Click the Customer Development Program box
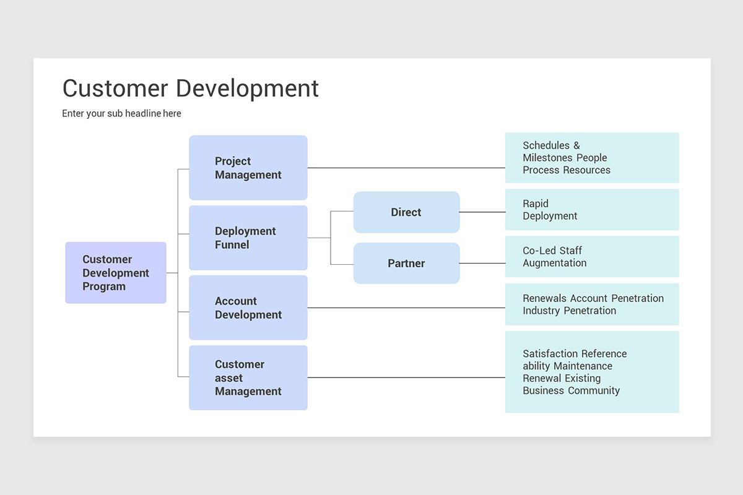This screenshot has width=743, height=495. click(116, 273)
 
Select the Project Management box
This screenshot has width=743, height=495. click(248, 168)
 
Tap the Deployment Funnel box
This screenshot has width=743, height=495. click(248, 238)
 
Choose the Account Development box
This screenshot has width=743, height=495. click(248, 308)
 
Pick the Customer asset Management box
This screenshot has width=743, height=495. click(248, 377)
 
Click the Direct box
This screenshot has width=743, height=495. click(406, 212)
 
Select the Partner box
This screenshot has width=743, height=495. click(406, 264)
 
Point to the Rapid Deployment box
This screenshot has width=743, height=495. click(591, 210)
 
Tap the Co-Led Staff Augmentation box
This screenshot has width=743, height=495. click(591, 257)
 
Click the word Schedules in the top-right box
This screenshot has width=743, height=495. click(546, 145)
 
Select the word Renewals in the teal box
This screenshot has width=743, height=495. click(545, 298)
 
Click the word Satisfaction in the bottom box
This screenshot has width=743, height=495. click(550, 354)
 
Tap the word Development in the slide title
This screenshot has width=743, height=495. click(247, 88)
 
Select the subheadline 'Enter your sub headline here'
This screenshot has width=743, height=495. click(121, 113)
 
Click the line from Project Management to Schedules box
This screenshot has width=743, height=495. click(406, 168)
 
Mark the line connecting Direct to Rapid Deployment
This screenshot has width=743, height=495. click(482, 212)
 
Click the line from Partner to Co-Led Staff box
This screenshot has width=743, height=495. click(482, 264)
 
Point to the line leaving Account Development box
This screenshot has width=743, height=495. click(406, 308)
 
